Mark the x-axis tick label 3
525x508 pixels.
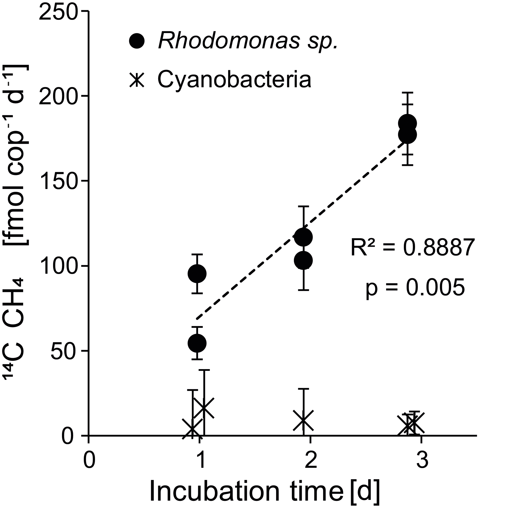pyautogui.click(x=422, y=460)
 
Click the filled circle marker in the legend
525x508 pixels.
pyautogui.click(x=137, y=41)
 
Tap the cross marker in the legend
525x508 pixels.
pyautogui.click(x=137, y=80)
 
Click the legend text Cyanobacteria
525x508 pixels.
pyautogui.click(x=234, y=79)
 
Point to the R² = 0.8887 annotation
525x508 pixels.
pyautogui.click(x=412, y=248)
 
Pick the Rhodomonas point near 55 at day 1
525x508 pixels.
pyautogui.click(x=197, y=343)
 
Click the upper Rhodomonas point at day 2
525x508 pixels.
pyautogui.click(x=303, y=237)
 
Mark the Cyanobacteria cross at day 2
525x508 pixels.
pyautogui.click(x=303, y=420)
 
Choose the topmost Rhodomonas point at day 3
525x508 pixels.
pyautogui.click(x=407, y=123)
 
